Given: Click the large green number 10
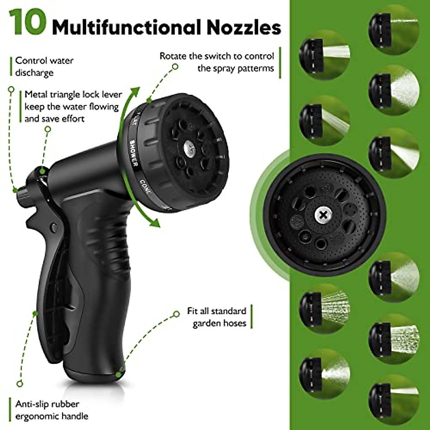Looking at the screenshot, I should point(28,22).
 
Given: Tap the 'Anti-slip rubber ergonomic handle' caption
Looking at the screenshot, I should point(52,410).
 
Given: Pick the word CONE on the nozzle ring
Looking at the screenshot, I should point(145,186).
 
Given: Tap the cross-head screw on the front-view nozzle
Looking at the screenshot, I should point(324,215).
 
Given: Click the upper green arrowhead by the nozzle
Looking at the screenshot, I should point(135,92).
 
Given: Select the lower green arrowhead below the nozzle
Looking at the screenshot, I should point(154,223).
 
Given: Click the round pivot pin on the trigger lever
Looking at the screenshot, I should point(54,227).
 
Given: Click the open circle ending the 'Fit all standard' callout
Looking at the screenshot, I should point(176,314).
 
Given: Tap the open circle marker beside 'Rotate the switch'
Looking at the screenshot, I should point(175,66).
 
